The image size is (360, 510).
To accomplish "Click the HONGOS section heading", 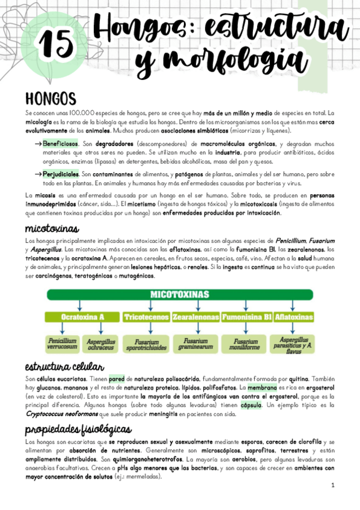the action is [x=50, y=98].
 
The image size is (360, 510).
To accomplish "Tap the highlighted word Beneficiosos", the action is [x=61, y=145].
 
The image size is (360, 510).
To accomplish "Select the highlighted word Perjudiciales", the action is [x=61, y=174].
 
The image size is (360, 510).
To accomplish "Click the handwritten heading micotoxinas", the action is [x=52, y=229].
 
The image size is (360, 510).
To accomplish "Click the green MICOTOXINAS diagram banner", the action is [x=180, y=295].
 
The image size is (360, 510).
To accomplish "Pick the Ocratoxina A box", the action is [x=82, y=316].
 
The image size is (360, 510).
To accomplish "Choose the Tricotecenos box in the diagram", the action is [x=146, y=316].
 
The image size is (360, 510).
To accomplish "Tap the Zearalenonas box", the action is [x=195, y=316].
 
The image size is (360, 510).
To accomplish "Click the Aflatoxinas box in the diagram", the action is [x=293, y=316].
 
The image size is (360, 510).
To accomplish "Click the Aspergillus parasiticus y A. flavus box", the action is [x=293, y=344].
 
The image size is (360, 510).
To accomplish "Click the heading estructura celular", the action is [x=65, y=367].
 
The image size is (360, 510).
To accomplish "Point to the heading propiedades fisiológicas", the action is [x=78, y=429].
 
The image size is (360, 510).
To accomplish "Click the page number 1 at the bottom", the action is [x=333, y=485].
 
